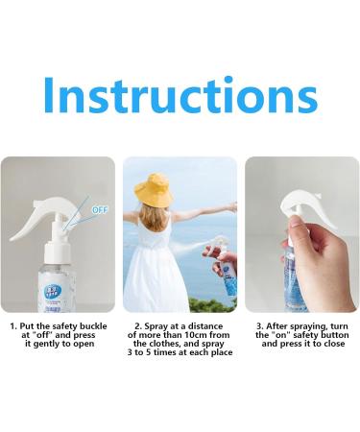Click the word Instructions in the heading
(180, 95)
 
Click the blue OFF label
(99, 207)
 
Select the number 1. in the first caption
(13, 326)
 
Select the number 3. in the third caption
(260, 326)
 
